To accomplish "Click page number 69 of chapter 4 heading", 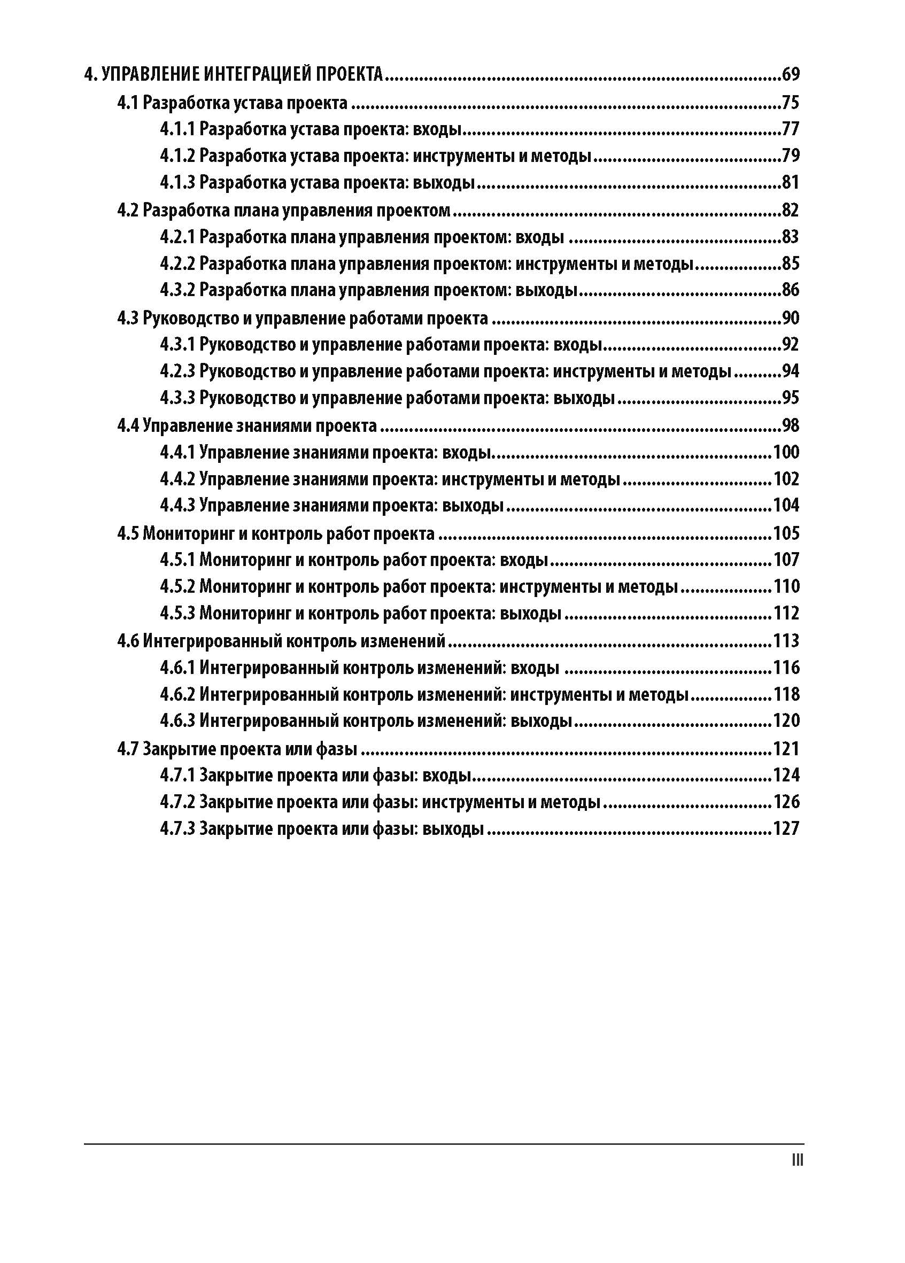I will tap(790, 74).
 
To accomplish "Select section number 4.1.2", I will tap(177, 156).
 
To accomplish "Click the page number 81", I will tap(790, 183).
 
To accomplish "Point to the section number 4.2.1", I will tap(177, 237).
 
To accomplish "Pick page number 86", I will tap(790, 290).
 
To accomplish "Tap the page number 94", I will tap(790, 371).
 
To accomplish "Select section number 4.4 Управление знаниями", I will tap(128, 426).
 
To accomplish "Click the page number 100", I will tap(786, 452).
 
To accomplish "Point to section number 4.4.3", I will tap(177, 506).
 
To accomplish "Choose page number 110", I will tap(786, 586).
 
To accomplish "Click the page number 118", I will tap(786, 694).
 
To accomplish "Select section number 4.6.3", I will tap(177, 721).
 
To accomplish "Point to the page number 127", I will tap(786, 828).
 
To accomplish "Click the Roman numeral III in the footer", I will tap(797, 1160).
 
